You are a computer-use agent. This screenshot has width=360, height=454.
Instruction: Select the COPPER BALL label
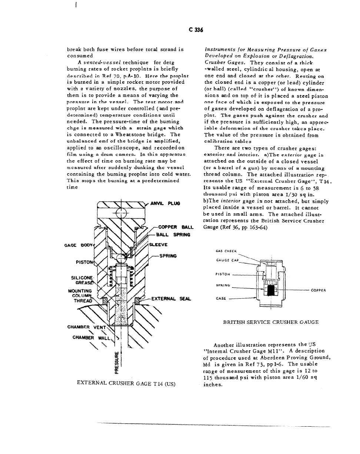click(174, 227)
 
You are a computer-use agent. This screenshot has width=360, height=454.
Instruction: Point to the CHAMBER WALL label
click(87, 338)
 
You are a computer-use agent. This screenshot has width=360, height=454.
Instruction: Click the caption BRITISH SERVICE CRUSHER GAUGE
click(271, 322)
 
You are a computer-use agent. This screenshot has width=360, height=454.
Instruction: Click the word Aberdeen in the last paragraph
click(269, 358)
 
